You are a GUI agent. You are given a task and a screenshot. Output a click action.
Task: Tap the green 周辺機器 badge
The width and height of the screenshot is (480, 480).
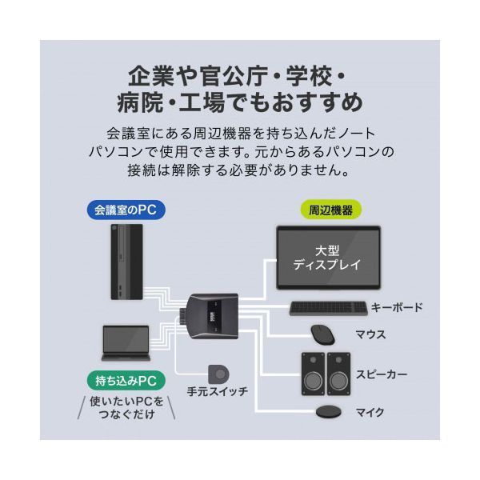click(330, 211)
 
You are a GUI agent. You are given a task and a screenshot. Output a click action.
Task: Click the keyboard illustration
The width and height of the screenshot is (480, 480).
click(328, 308)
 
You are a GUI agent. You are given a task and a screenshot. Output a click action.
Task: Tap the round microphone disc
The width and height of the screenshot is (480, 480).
click(328, 413)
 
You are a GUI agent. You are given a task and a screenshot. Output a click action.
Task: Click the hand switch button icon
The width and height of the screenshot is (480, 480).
click(218, 374)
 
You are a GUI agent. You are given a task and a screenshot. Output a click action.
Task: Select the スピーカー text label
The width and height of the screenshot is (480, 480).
click(383, 374)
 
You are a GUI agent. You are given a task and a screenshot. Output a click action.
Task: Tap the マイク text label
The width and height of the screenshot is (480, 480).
click(370, 413)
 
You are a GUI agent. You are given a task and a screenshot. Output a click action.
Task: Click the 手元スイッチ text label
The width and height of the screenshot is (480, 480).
click(217, 392)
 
